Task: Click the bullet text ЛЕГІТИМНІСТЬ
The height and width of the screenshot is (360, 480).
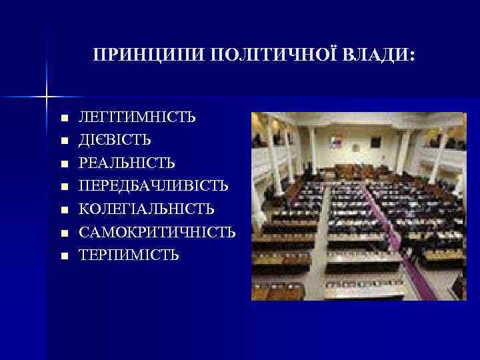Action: (137, 117)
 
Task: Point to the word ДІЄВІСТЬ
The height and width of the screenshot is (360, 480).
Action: (115, 140)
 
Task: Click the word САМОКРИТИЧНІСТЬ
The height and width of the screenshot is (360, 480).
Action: (157, 232)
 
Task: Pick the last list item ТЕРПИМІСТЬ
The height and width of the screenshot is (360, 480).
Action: (129, 255)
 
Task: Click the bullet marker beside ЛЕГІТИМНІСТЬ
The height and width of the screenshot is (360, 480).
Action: (64, 118)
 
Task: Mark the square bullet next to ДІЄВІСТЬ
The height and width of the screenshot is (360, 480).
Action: (64, 141)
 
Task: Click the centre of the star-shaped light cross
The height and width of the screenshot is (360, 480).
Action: (47, 97)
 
